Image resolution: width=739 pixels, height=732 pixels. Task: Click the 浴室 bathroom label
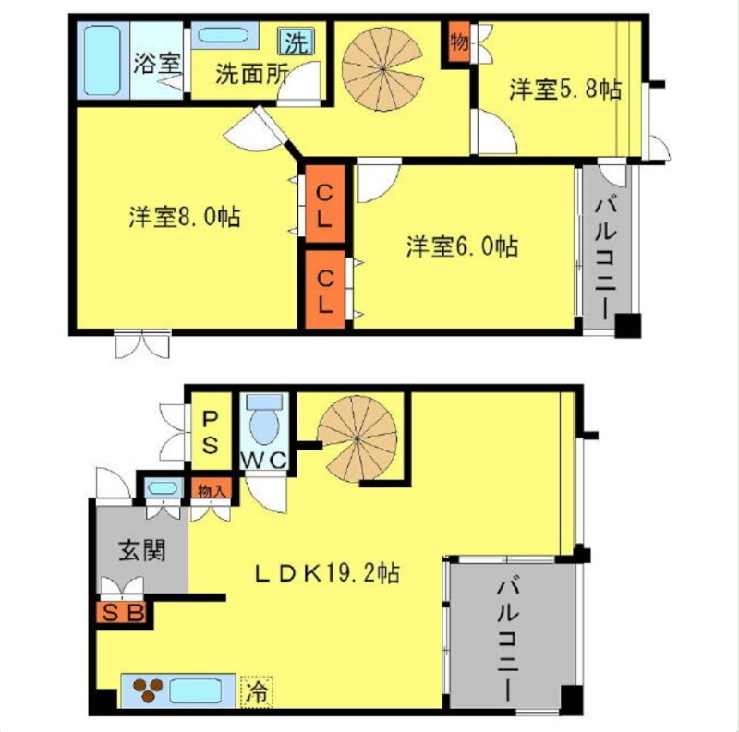pos(157,63)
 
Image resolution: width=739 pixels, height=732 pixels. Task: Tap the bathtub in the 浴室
pos(103,60)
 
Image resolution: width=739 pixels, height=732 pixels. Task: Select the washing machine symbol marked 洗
pos(297,42)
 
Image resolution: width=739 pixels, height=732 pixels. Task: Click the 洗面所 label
pos(251,73)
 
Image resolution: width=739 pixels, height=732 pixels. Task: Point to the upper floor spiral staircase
pos(382,69)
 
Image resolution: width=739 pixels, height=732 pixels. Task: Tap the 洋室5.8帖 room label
pos(565,90)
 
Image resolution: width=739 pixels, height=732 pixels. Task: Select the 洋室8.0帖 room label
pos(185,217)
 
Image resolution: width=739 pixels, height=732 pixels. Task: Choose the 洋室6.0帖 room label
pos(463,246)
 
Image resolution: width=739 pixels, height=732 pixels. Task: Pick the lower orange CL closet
pos(325,289)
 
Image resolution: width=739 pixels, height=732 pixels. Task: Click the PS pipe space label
pos(211,431)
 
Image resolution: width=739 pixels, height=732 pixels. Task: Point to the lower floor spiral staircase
pos(357,438)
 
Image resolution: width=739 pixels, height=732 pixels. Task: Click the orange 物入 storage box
pos(212,488)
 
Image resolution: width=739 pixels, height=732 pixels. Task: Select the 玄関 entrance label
pos(142,550)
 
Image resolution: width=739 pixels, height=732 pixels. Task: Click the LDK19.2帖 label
pos(327,573)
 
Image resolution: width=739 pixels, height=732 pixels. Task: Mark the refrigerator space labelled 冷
pos(257,691)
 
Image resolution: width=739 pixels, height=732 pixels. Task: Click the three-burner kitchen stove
pos(149,690)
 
